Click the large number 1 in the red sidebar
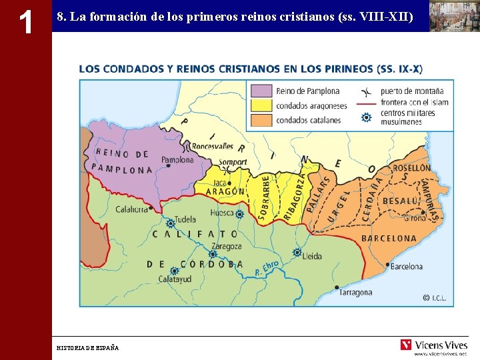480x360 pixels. pyautogui.click(x=25, y=23)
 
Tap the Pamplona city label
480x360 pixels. pyautogui.click(x=177, y=160)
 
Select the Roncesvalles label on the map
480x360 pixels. pyautogui.click(x=212, y=146)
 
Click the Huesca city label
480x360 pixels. pyautogui.click(x=221, y=213)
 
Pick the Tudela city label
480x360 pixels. pyautogui.click(x=185, y=219)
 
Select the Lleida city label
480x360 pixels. pyautogui.click(x=311, y=256)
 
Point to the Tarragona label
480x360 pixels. pyautogui.click(x=355, y=293)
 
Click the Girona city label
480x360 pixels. pyautogui.click(x=414, y=218)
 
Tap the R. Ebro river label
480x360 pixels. pyautogui.click(x=267, y=269)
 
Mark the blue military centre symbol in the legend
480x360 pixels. pyautogui.click(x=365, y=117)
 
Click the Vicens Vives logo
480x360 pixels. pyautogui.click(x=433, y=345)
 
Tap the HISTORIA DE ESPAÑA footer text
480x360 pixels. pyautogui.click(x=87, y=348)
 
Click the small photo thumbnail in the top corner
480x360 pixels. pyautogui.click(x=453, y=16)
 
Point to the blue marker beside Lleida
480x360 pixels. pyautogui.click(x=297, y=252)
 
